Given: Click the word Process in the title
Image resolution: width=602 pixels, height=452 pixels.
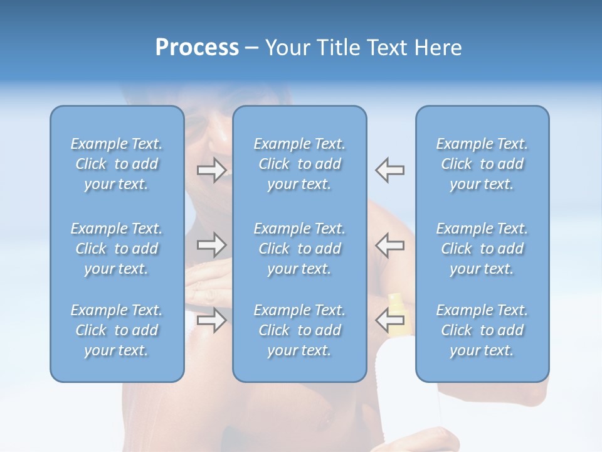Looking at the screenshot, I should pos(197,48).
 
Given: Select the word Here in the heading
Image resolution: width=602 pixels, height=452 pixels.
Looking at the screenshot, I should pos(437,48).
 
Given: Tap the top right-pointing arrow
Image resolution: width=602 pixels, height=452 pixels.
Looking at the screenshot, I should pos(211,170).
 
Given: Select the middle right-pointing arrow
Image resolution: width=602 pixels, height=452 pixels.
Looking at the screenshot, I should pos(211,245).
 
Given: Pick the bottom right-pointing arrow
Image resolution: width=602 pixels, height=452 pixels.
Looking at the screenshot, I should pos(211,320).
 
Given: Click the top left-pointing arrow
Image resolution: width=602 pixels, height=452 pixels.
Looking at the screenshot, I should pos(389,170).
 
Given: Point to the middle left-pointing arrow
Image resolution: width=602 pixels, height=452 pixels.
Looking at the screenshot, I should pos(389,245).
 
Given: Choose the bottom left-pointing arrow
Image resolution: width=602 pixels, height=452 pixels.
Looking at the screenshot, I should pos(389,320).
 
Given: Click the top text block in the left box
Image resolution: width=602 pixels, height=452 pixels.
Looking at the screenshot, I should pos(117,164).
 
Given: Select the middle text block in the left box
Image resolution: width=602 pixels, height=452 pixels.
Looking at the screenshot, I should pos(117,249).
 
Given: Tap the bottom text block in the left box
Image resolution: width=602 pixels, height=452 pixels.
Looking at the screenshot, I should pos(117,330).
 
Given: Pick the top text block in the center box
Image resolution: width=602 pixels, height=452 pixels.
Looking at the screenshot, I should pos(299,164).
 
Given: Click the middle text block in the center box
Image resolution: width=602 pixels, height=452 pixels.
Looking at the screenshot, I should pos(299,249).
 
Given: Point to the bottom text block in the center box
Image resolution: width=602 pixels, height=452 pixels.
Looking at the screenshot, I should pos(299,330).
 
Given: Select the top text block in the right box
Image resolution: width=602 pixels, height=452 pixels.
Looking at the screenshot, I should pos(482,164).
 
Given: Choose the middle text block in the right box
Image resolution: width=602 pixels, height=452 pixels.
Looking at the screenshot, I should pos(482,249).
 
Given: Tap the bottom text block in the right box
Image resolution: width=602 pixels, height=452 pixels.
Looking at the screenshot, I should pos(482,330).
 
